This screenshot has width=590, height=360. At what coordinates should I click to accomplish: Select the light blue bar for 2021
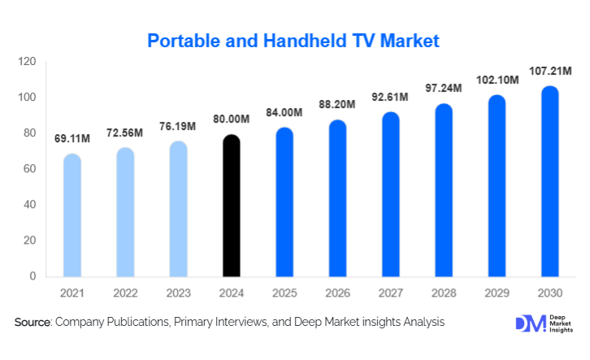point(72,215)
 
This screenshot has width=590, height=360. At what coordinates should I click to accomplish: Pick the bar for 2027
point(391,194)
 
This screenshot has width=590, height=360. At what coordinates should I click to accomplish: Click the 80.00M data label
point(232,119)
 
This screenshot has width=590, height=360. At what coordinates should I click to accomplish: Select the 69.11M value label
point(72,139)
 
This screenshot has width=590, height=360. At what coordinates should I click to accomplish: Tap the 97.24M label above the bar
point(444,87)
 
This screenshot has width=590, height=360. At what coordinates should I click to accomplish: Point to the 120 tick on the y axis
point(28,62)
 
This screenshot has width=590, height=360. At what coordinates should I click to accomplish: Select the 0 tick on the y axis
point(33,276)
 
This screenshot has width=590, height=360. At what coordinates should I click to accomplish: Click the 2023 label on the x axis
point(179,293)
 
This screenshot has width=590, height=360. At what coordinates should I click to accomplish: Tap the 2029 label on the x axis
point(497,293)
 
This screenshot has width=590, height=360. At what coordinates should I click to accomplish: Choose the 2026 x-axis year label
point(338,293)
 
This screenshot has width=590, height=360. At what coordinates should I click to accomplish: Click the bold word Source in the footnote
point(32,323)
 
